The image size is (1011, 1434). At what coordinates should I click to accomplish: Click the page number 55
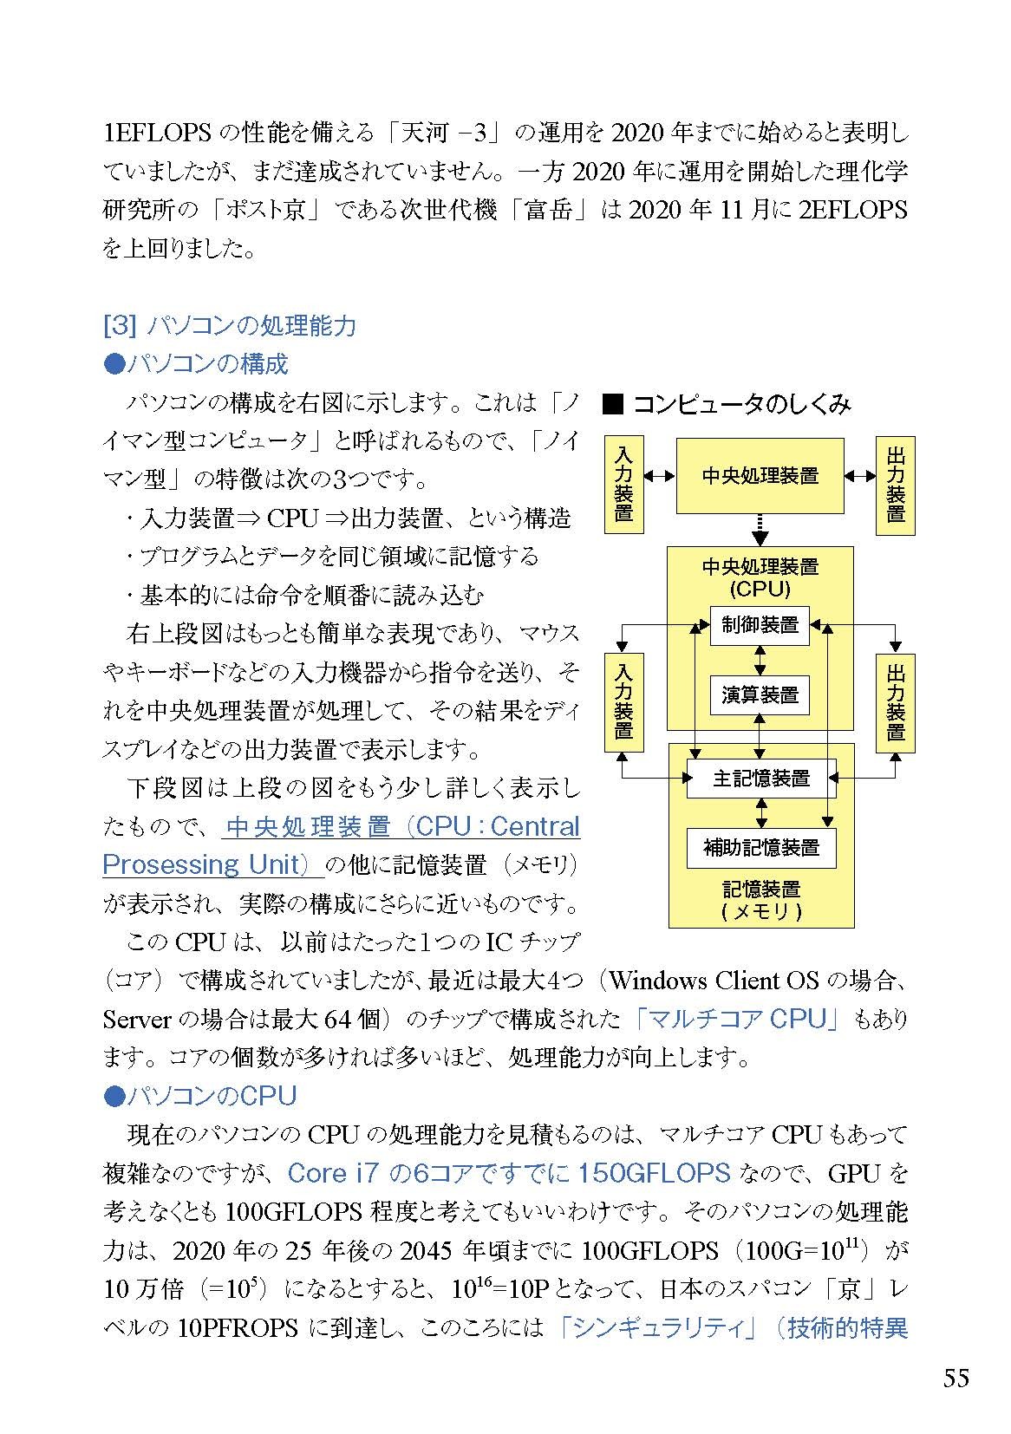956,1377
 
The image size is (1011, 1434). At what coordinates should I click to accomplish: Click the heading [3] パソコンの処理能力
229,326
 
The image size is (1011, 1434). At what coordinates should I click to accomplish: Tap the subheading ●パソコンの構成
196,363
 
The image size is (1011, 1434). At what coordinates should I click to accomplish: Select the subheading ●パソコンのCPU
199,1096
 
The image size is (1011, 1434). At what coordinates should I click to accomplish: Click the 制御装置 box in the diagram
760,625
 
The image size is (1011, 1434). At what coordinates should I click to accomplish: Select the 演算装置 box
760,694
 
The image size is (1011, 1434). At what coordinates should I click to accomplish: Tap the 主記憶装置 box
760,778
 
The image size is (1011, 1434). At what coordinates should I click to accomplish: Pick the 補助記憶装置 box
760,848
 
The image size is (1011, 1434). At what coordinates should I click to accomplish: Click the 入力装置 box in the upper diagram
623,484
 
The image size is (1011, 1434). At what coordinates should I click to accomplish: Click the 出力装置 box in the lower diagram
895,703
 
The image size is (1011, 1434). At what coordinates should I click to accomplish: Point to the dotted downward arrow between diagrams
760,530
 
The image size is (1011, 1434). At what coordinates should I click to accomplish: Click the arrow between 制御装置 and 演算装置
760,660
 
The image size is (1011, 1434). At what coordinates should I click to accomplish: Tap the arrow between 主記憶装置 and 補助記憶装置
760,813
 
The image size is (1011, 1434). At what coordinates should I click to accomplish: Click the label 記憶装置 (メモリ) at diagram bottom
760,900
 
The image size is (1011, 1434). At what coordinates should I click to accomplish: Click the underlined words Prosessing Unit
201,865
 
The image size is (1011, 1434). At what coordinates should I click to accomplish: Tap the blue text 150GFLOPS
654,1173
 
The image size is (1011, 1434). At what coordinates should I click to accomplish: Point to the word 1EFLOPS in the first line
157,133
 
